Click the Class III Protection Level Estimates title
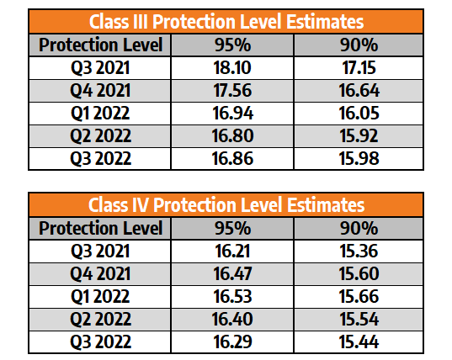pos(226,22)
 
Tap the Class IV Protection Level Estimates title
pos(226,204)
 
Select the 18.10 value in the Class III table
pos(232,68)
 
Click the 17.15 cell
pos(359,68)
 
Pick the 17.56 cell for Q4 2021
pos(232,91)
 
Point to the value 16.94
pos(233,114)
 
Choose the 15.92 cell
pos(359,135)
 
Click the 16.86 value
pos(232,158)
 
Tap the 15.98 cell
pos(359,158)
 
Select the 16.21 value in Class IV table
pos(232,251)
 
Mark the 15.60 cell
pos(359,273)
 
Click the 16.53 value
pos(232,296)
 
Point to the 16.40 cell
pos(232,319)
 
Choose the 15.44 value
pos(359,341)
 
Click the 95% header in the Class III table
pos(232,45)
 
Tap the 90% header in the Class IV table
pos(359,229)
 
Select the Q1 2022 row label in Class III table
pos(100,114)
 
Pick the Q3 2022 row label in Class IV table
pos(101,341)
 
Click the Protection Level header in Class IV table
pos(101,228)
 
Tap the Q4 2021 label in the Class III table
pos(100,91)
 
